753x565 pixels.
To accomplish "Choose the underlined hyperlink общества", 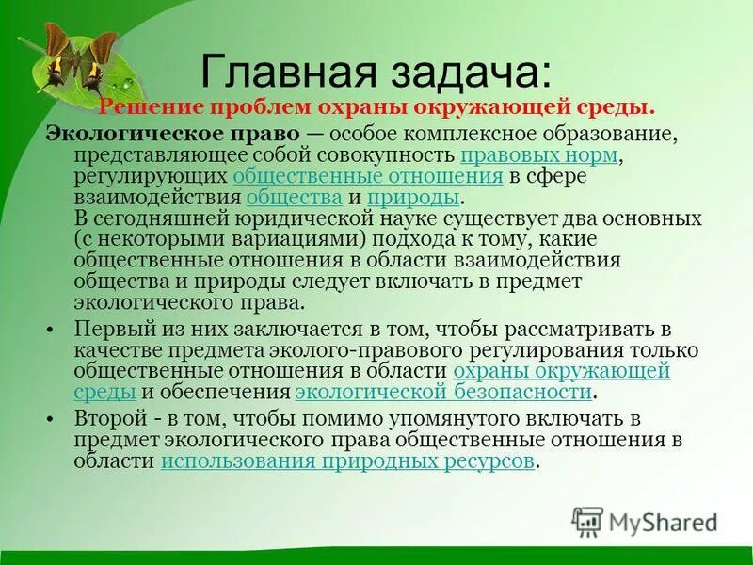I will (294, 198).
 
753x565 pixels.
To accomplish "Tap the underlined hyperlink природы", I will (413, 198).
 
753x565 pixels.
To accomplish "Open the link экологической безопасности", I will (443, 392).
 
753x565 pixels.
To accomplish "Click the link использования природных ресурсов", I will (347, 461).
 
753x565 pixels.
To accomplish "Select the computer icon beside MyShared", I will (588, 522).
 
